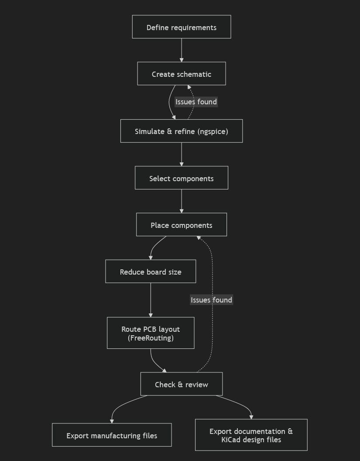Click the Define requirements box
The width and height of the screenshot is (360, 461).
coord(182,27)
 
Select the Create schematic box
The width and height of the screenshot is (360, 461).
coord(182,73)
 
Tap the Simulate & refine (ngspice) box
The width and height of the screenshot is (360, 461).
coord(182,131)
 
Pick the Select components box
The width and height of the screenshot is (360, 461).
coord(182,178)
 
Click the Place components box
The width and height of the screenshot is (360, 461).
coord(182,225)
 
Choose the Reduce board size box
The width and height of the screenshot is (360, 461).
coord(151,272)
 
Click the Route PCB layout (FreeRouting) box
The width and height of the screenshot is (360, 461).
coord(151,333)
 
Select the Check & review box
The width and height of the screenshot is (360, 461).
coord(182,384)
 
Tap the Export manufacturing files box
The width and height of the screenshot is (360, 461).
coord(112,435)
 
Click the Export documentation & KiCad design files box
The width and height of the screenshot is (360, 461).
coord(251,435)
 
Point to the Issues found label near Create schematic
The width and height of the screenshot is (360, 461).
coord(196,102)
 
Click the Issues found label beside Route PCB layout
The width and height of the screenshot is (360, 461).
coord(211,300)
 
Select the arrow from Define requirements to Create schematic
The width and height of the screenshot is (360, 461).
coord(182,50)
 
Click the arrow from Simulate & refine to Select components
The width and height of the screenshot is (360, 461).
coord(182,155)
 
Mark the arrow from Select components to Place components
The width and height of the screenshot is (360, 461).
coord(182,201)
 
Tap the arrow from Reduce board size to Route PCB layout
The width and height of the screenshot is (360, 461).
coord(151,300)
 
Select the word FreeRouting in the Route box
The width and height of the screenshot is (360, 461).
coord(151,338)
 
